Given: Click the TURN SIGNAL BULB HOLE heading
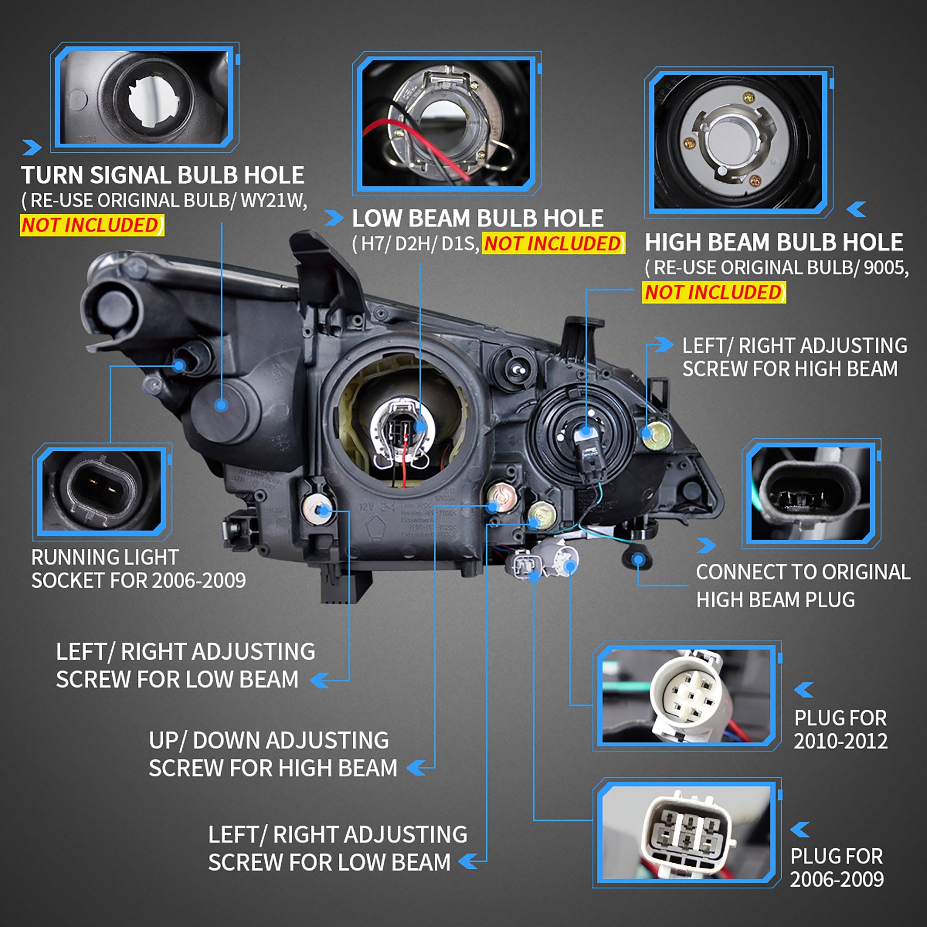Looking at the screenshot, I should coord(162,176).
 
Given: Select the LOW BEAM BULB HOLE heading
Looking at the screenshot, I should coord(477,218).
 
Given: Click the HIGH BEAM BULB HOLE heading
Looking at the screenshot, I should coord(774,243).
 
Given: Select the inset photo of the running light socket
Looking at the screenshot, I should coord(102,490).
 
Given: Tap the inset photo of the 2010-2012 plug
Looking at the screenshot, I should coord(688,696).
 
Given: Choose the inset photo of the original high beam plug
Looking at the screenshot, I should coord(811,493).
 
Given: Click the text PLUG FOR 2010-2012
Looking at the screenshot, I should coord(840,730).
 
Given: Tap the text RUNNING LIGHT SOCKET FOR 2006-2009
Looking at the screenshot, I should coord(138,569).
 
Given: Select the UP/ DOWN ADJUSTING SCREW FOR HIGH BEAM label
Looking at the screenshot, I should coord(272,754).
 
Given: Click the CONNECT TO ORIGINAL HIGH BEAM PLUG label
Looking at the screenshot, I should coord(802,586).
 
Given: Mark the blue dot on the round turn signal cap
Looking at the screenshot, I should coord(221,405).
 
